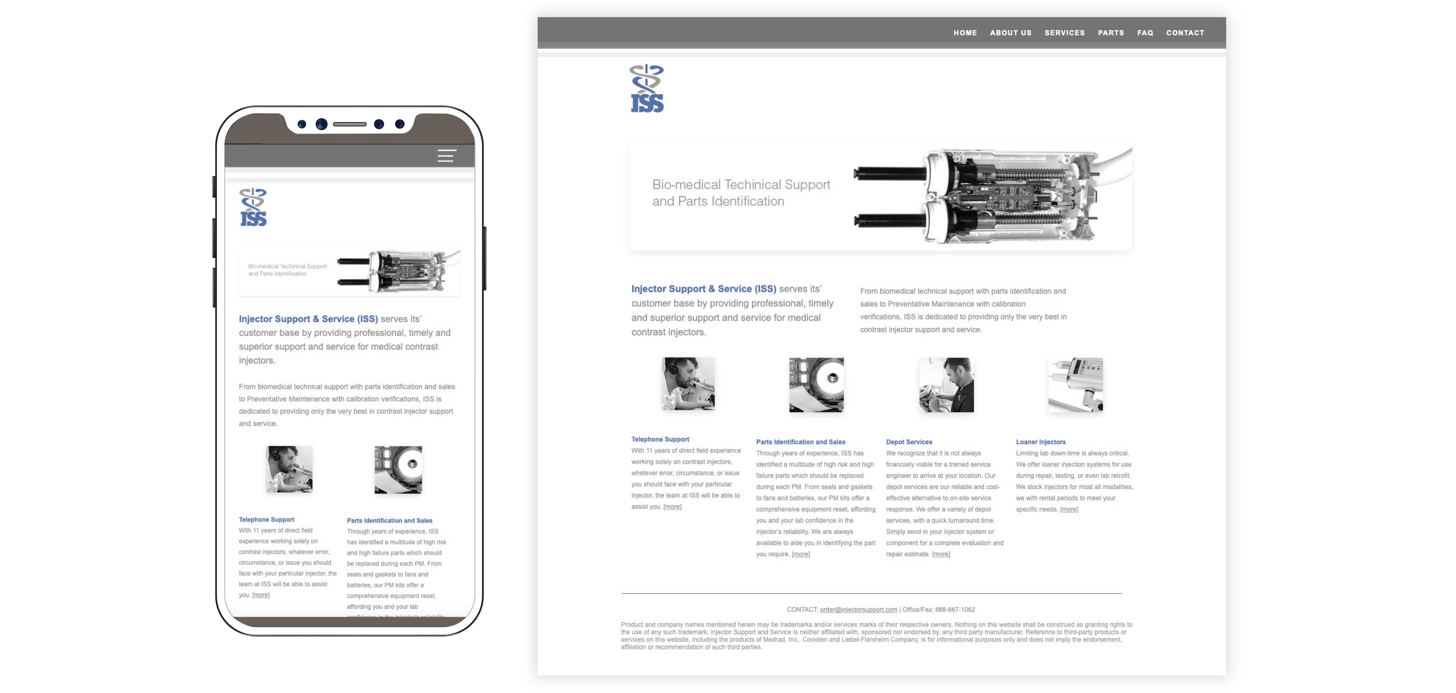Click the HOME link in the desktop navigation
pos(965,33)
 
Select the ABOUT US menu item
pos(1010,33)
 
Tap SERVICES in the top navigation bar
pos(1064,33)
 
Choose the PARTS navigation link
pos(1111,33)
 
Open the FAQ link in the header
pos(1145,33)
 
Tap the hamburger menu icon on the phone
pos(447,156)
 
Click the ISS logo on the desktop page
pos(646,89)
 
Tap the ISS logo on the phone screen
pos(253,208)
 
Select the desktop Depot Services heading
pos(909,442)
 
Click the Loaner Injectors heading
pos(1040,442)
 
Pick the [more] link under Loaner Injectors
pos(1069,509)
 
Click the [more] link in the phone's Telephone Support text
pos(260,595)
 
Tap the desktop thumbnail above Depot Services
pos(946,385)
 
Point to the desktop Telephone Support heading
pos(660,439)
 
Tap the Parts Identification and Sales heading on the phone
pos(389,520)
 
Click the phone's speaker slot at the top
pos(349,124)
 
